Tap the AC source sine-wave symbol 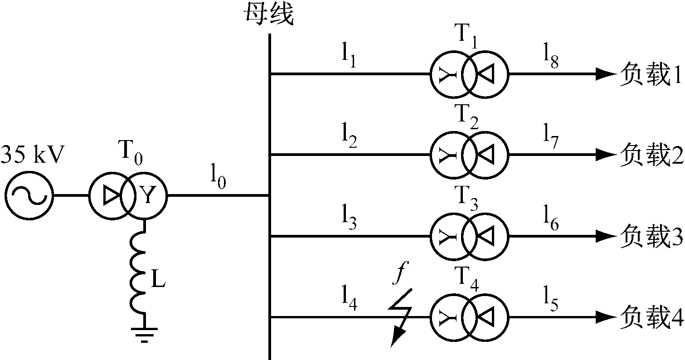[29, 196]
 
